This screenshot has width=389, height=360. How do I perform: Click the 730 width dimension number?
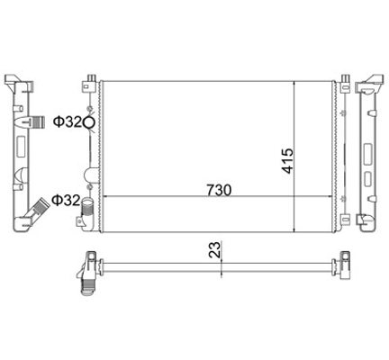(x=219, y=190)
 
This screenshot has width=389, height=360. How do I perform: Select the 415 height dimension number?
(x=287, y=160)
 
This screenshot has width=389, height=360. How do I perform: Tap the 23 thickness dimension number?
(x=215, y=250)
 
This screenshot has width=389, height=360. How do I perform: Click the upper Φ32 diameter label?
(x=68, y=122)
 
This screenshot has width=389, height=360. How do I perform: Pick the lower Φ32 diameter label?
(x=66, y=201)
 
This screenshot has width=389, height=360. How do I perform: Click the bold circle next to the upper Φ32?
(x=89, y=122)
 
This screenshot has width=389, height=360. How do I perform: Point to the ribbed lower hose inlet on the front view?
(x=87, y=207)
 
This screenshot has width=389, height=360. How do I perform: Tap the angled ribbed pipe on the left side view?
(x=38, y=210)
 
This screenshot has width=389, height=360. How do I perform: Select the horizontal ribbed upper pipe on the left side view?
(x=38, y=122)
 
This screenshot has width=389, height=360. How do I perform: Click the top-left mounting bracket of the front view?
(x=88, y=83)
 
